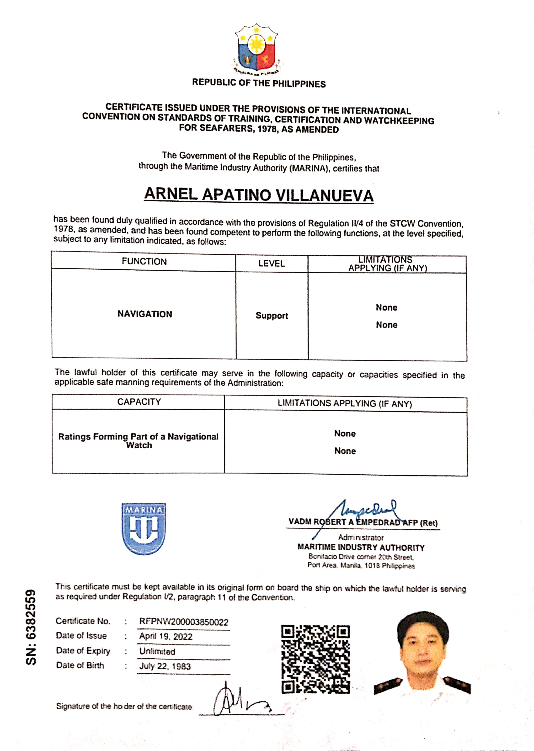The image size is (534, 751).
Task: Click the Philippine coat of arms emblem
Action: [256, 49]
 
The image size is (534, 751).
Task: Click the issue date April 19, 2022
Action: [166, 637]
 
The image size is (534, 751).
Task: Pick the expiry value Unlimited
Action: [157, 651]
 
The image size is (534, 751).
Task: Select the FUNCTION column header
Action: [144, 261]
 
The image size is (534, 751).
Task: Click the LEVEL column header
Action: [271, 263]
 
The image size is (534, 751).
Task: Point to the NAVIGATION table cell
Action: [145, 314]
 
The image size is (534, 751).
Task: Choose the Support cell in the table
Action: [272, 316]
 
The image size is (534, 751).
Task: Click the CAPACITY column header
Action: [139, 402]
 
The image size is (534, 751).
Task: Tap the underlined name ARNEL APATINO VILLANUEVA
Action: [259, 195]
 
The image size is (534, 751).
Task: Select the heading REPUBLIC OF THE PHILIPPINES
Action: [259, 83]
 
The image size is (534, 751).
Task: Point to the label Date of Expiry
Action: [83, 651]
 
